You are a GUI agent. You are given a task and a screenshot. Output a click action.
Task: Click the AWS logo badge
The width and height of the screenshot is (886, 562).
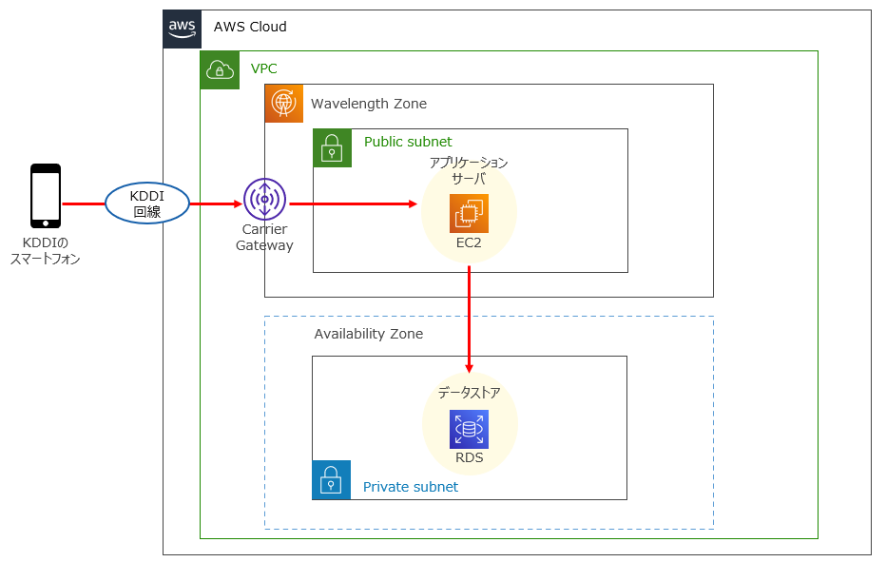(183, 29)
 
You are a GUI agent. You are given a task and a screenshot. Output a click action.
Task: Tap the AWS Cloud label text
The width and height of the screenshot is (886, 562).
(250, 27)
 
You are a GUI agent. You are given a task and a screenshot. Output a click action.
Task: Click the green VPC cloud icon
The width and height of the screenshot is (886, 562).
(220, 70)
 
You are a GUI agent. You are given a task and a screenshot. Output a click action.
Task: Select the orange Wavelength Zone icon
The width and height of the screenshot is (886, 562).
(284, 104)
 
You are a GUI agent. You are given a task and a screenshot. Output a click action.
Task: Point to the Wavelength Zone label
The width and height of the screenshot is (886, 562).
(369, 104)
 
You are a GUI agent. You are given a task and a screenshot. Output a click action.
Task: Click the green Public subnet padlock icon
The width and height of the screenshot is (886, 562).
(333, 148)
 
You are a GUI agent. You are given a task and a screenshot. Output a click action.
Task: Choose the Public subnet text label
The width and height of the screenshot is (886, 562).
(408, 142)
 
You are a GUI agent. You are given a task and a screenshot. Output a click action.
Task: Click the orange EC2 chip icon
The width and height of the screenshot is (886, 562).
(469, 214)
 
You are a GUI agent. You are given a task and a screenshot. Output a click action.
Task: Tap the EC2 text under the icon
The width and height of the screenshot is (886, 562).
(469, 242)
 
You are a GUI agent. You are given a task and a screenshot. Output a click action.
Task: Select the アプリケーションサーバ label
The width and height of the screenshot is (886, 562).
(469, 170)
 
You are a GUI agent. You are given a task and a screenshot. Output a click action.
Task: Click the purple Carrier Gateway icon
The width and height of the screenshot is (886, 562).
(264, 200)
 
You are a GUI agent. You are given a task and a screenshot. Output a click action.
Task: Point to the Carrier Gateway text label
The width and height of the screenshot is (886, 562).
(264, 238)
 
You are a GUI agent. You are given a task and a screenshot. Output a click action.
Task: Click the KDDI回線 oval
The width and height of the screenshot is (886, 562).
(147, 203)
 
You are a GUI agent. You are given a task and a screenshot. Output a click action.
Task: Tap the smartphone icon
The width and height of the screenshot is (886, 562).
(46, 196)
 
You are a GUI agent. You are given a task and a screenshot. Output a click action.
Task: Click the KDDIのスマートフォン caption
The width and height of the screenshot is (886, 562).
(45, 250)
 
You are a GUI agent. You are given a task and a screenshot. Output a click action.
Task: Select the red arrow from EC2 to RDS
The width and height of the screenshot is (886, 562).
(470, 319)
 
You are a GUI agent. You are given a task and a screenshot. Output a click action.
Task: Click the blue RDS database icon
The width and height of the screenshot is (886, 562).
(469, 429)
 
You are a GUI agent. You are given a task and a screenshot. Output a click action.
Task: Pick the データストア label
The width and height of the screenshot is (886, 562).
(469, 392)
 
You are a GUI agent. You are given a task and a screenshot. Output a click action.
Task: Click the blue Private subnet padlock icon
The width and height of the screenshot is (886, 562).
(331, 480)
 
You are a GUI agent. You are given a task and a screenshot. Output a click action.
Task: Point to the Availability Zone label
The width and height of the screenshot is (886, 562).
(368, 334)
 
